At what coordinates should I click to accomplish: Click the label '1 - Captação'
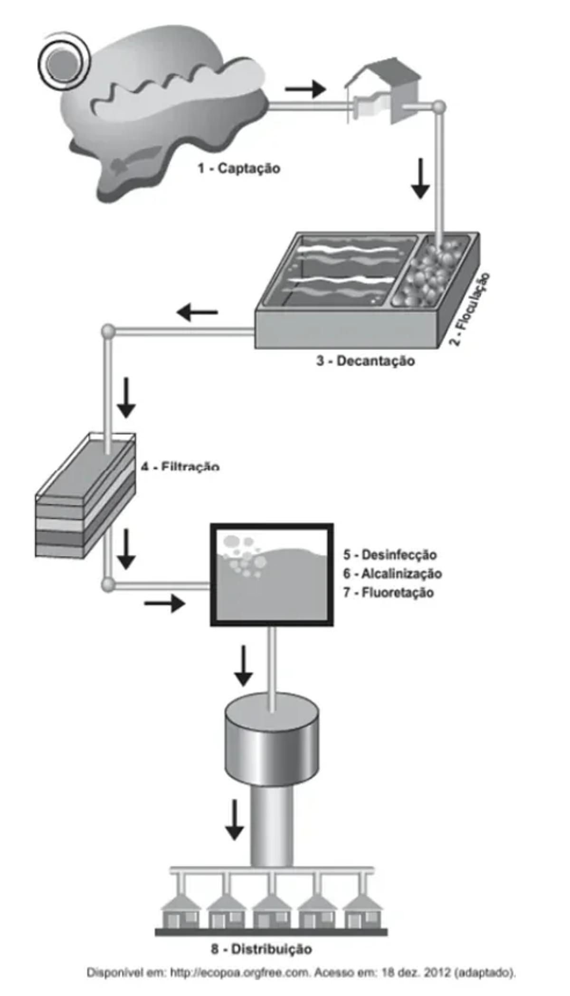[x=239, y=168]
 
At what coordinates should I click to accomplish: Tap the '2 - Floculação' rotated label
[x=470, y=309]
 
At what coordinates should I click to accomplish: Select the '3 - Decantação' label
[x=366, y=361]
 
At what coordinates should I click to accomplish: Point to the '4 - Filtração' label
[x=180, y=467]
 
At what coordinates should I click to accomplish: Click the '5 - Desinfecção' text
[x=390, y=554]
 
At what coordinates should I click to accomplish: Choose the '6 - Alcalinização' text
[x=393, y=574]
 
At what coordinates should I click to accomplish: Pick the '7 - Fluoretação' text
[x=389, y=593]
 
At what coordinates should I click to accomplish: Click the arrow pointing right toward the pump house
[x=305, y=88]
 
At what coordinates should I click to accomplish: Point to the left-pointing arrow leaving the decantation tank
[x=197, y=313]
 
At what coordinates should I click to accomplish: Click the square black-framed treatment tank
[x=272, y=575]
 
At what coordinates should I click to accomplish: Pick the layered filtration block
[x=85, y=496]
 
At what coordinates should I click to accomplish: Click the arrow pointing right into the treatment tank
[x=164, y=604]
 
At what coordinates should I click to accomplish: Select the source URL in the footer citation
[x=239, y=973]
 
